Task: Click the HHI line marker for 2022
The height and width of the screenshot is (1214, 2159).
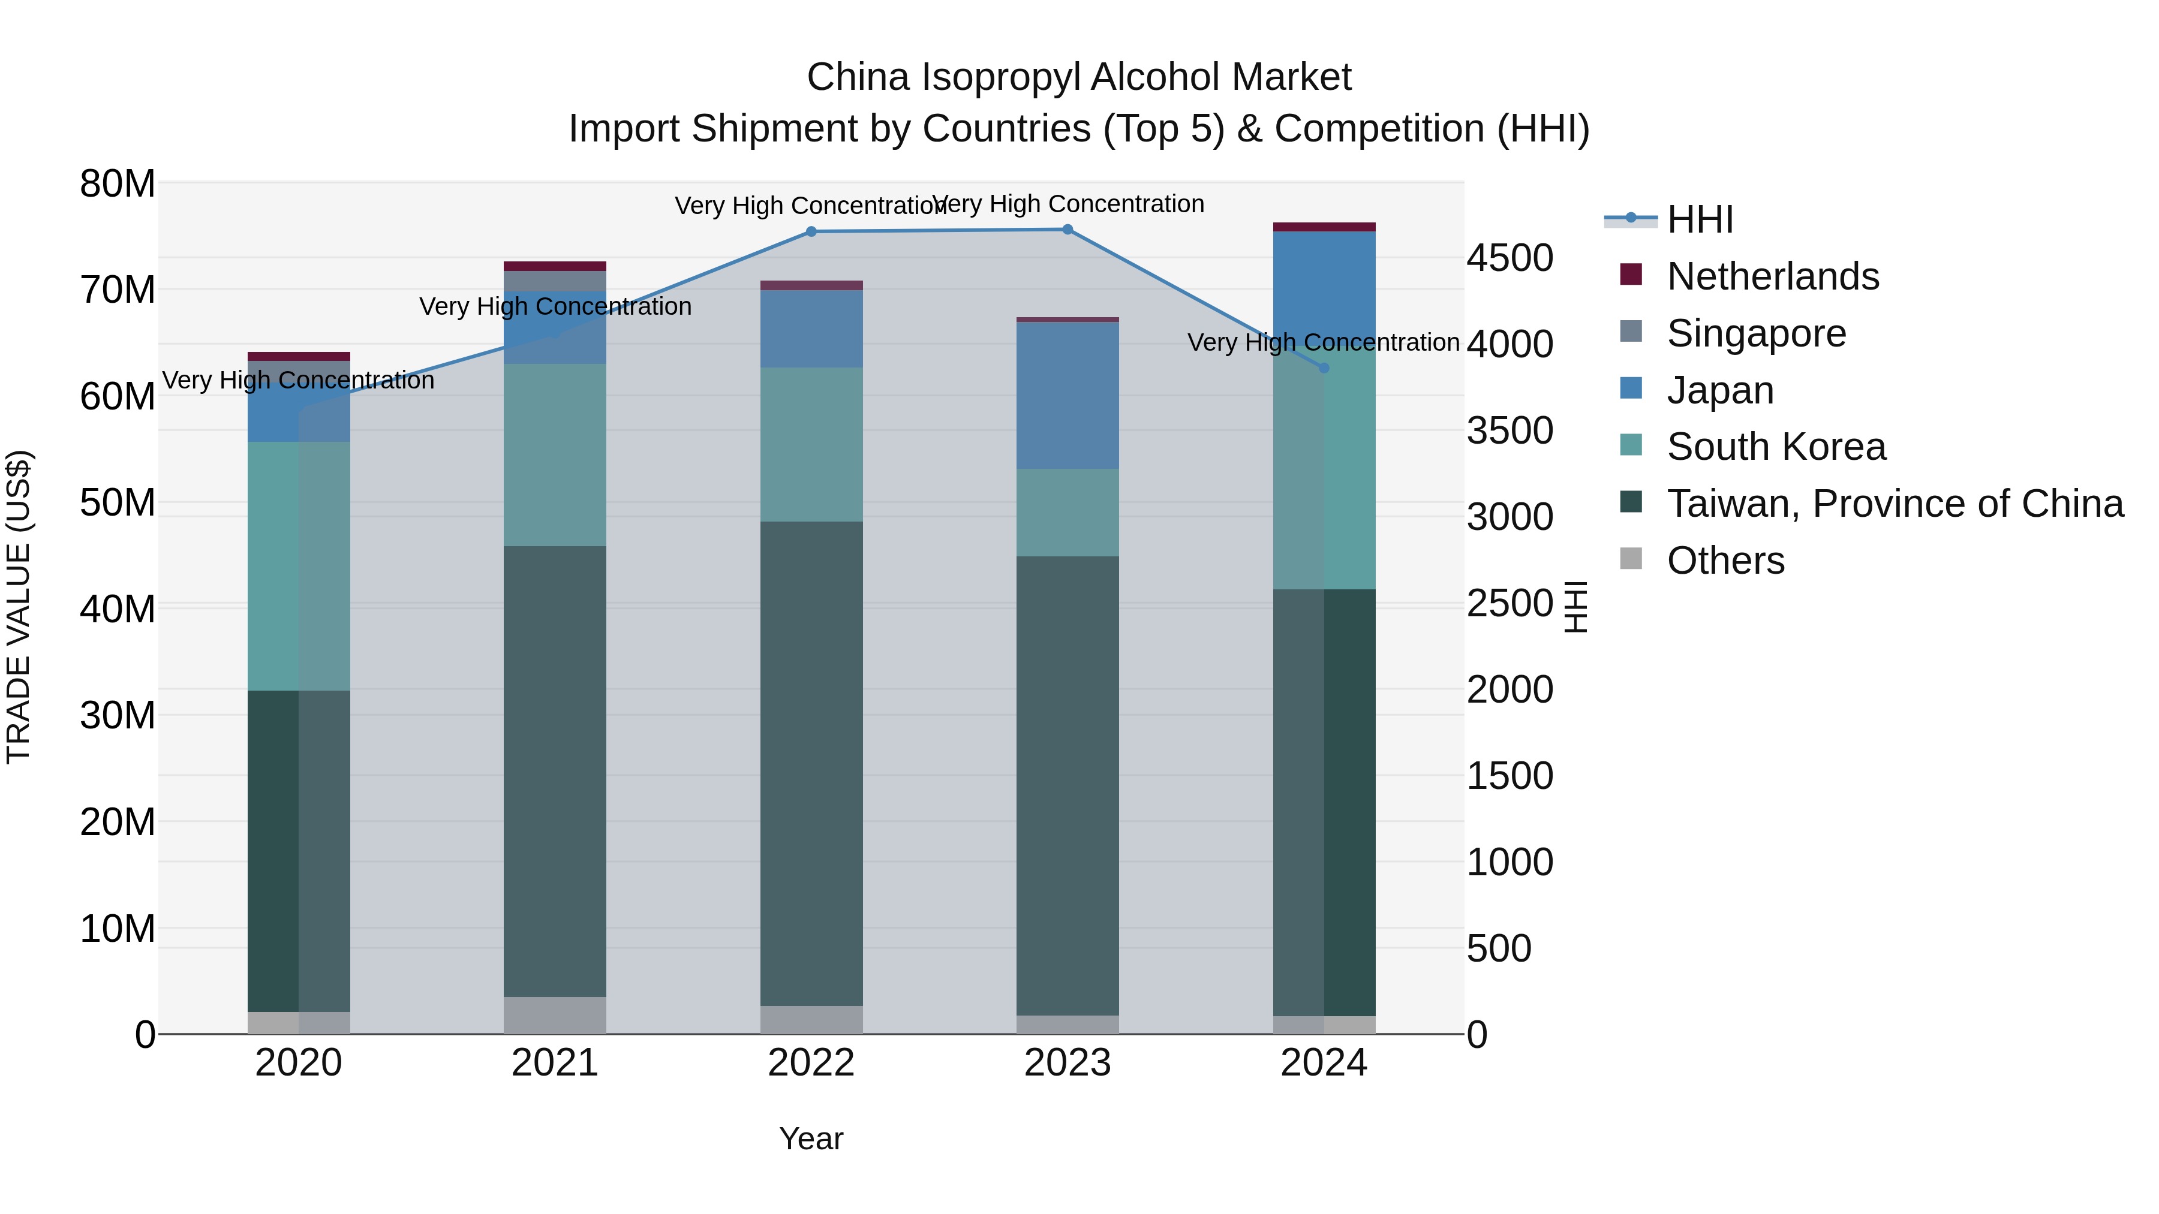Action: [810, 232]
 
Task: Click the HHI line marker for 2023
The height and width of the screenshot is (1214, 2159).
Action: [1067, 230]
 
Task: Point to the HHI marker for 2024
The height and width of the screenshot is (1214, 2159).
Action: [1324, 368]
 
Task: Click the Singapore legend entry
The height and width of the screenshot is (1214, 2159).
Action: [1756, 333]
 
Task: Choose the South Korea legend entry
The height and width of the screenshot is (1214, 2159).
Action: [1775, 447]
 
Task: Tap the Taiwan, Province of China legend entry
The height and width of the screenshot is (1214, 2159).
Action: [1894, 504]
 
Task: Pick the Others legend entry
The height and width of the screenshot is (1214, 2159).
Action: [1725, 561]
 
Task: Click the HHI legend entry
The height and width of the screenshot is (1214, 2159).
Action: [1699, 219]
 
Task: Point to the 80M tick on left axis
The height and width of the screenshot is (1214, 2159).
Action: [118, 183]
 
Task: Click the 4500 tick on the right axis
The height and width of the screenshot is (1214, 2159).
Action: [1510, 258]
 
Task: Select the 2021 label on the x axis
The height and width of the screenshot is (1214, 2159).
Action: [554, 1063]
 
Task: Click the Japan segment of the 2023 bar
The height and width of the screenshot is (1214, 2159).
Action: [1067, 396]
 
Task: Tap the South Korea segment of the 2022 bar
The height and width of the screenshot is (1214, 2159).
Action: [810, 444]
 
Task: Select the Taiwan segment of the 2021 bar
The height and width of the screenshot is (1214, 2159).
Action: [554, 771]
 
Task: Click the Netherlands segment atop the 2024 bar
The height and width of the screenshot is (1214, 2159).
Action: [1324, 227]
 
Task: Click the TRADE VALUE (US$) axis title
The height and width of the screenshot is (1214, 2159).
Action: [19, 607]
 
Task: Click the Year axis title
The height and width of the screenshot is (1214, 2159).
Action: [810, 1138]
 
